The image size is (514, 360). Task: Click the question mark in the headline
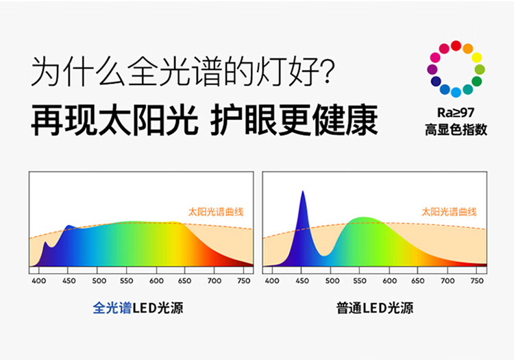coord(326,71)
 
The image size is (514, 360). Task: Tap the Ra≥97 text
coord(456,112)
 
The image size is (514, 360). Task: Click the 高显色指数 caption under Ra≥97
coord(456,130)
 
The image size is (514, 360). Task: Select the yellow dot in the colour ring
coord(476,58)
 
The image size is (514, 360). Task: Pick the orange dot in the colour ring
coord(468,49)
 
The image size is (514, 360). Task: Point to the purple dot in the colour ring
coord(432,69)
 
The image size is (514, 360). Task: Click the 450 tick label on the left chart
coord(69,281)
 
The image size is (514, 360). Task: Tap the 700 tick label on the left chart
coord(215,281)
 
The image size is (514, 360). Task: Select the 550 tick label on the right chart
coord(360,281)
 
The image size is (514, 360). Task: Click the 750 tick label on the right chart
coord(477,281)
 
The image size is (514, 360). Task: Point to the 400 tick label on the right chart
coord(272,281)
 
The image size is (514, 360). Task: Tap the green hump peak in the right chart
coord(363,219)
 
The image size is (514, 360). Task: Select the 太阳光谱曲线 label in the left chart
coord(216,212)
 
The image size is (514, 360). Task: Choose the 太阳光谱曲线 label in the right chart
coord(449,212)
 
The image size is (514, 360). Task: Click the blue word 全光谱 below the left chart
coord(112,308)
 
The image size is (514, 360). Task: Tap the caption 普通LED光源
coord(375,308)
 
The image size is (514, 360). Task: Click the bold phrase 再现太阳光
coord(114,120)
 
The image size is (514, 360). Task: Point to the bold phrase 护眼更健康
coord(294,120)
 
